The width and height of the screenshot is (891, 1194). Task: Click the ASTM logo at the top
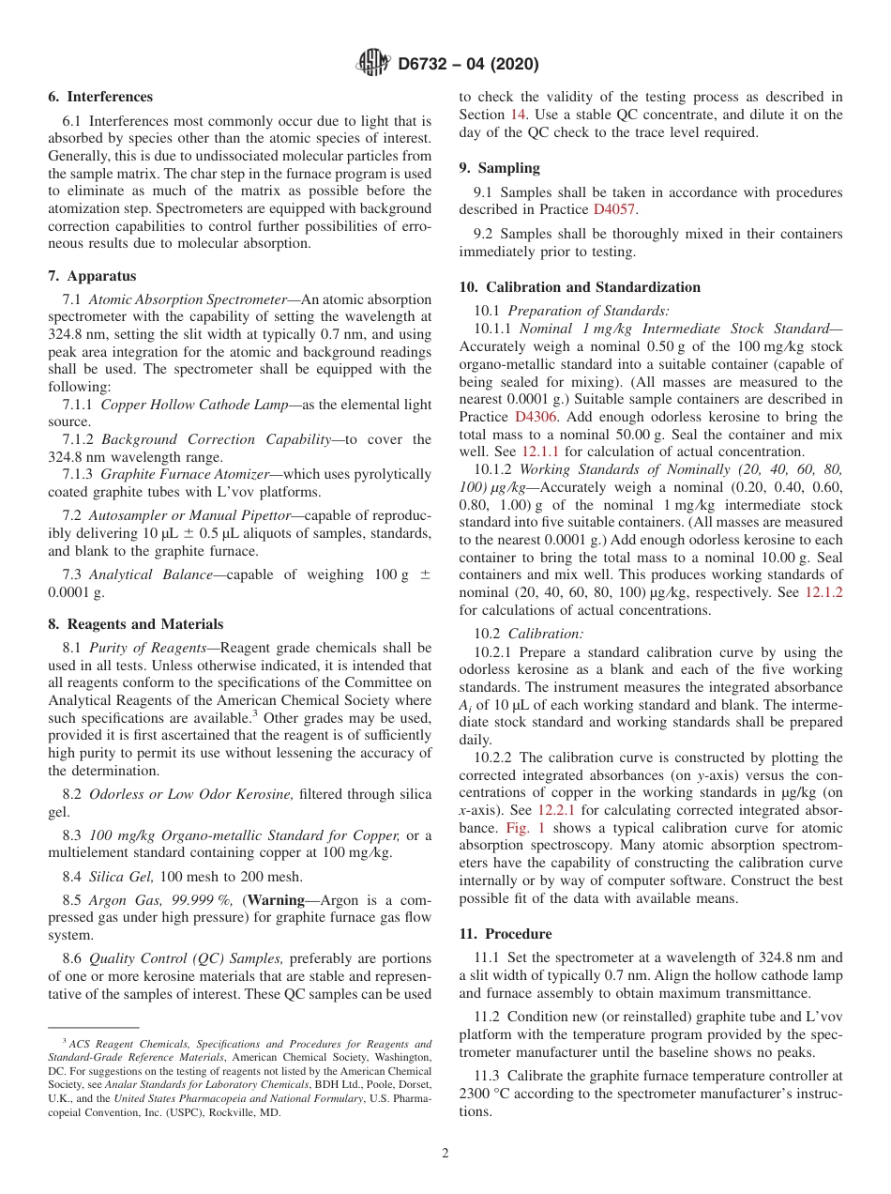pos(372,64)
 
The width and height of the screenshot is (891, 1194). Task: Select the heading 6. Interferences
pos(100,97)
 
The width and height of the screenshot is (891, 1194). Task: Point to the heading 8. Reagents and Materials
pos(135,624)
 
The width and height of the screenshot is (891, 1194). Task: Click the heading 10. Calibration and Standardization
pos(579,287)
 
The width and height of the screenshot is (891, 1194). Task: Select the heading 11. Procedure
pos(505,934)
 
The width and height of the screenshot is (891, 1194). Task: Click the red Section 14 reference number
pos(518,115)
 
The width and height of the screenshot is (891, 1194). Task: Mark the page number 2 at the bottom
pos(445,1154)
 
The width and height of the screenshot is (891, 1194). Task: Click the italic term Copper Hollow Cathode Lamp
pos(174,405)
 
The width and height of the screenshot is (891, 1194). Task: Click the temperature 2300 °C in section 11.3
pos(488,1094)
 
